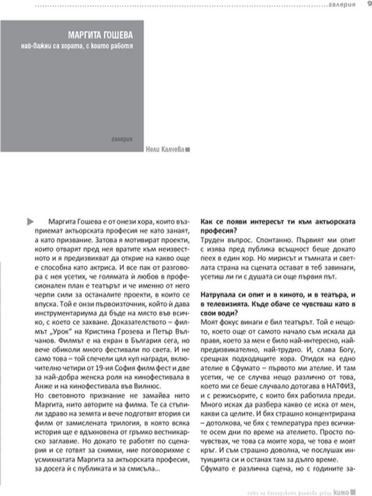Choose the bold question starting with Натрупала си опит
(282, 296)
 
